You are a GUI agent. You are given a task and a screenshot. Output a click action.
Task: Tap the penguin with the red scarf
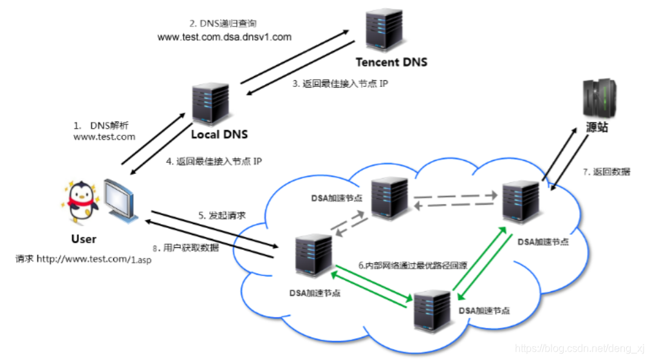coord(82,202)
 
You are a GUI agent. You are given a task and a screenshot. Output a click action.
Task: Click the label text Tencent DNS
coord(391,62)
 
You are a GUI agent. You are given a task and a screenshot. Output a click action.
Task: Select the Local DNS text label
coord(219,135)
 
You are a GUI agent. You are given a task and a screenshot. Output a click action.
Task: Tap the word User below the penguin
coord(84,239)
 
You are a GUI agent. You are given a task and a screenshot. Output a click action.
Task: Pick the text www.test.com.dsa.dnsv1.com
coord(225,37)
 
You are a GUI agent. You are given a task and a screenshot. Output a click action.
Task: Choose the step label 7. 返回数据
coord(606,172)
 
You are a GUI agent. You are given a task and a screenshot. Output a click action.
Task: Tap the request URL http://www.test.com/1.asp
coord(84,260)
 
